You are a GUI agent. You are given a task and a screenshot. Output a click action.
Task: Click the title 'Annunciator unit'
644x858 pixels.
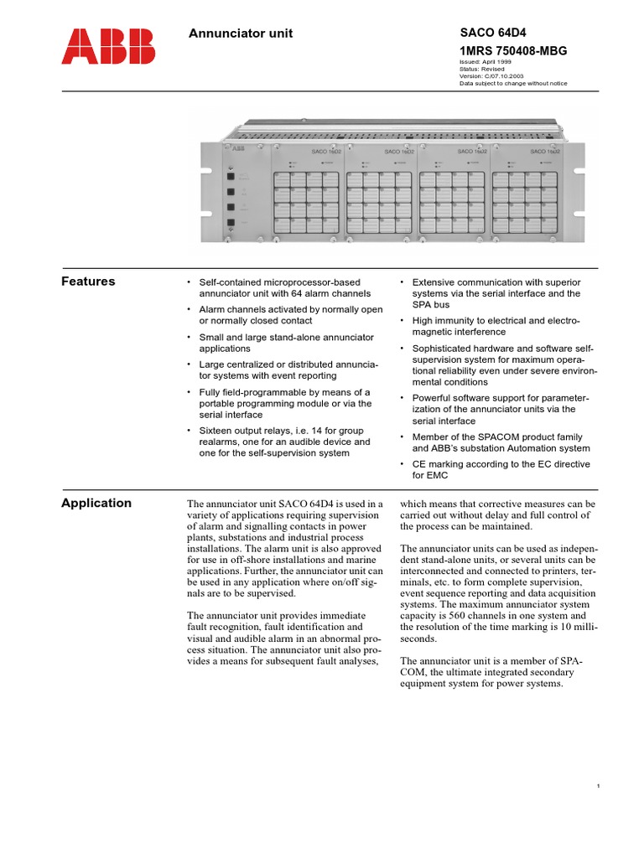click(x=241, y=34)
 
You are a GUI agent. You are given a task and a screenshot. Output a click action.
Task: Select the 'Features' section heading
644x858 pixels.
click(x=88, y=282)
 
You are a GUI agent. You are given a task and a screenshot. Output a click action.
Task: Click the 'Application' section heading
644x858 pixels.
click(x=96, y=503)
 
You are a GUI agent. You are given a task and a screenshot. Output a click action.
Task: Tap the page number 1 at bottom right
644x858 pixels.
click(x=598, y=785)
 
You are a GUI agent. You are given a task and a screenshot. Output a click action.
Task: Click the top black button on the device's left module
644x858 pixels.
click(x=229, y=176)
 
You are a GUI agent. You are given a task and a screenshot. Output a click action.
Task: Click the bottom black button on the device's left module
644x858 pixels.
click(x=229, y=222)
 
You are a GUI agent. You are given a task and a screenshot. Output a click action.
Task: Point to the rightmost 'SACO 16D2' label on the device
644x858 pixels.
click(x=545, y=152)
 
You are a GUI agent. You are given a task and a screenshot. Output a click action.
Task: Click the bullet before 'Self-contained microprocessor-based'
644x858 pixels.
click(x=189, y=282)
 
